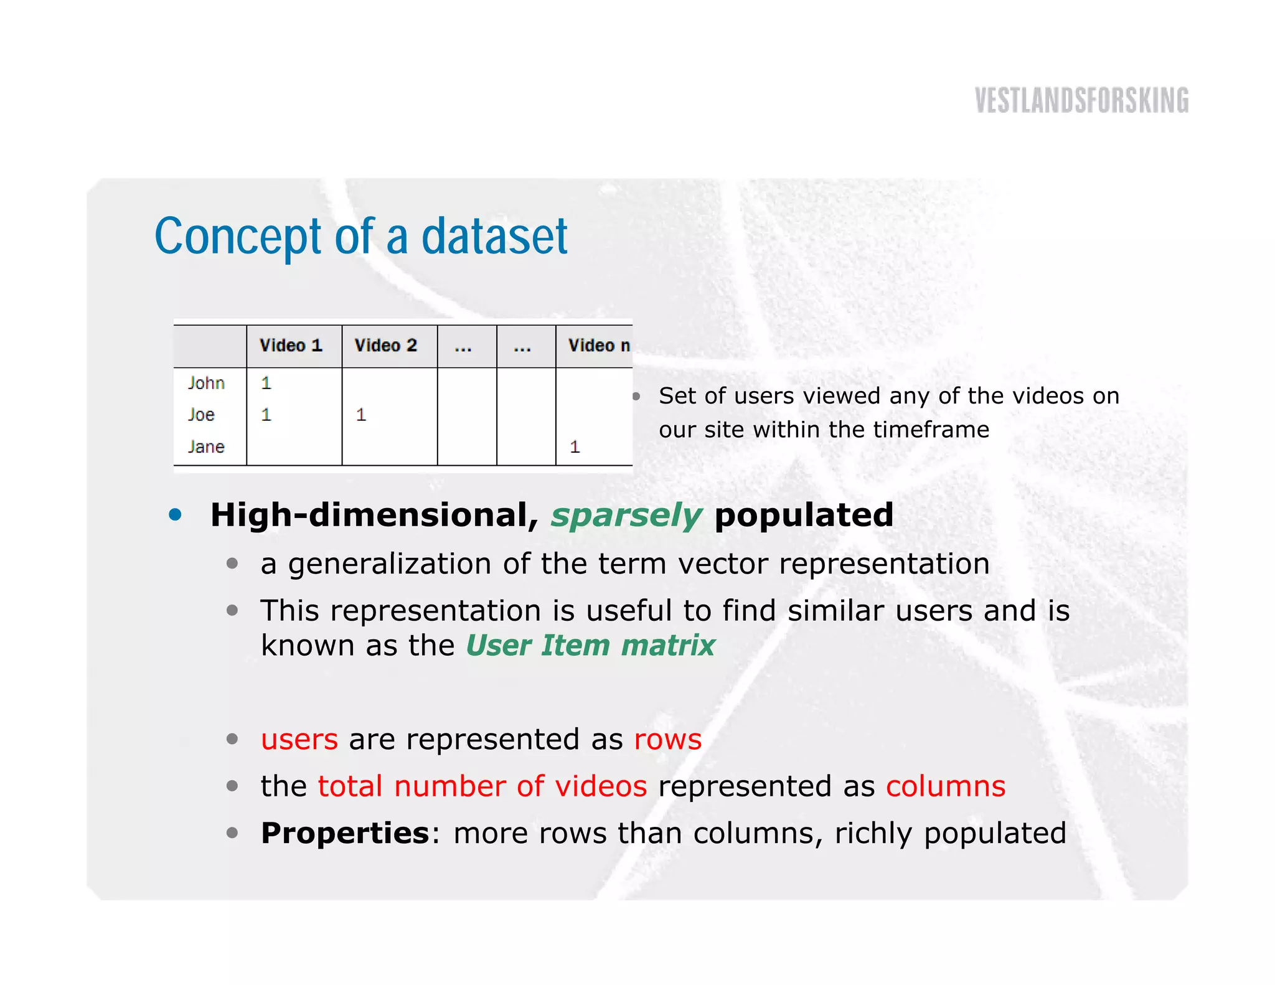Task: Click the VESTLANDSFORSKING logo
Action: click(x=1081, y=101)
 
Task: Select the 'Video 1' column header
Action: click(x=291, y=346)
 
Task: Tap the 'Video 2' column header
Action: click(x=385, y=346)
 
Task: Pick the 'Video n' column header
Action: click(x=598, y=346)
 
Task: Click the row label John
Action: click(x=206, y=383)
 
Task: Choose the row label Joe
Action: click(x=201, y=415)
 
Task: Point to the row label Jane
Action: click(x=206, y=446)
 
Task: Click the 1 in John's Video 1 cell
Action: click(x=266, y=383)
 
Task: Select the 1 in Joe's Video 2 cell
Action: click(x=360, y=415)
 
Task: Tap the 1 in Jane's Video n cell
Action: click(x=575, y=446)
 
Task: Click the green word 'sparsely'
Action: click(x=626, y=516)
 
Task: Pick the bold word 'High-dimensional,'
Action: click(x=374, y=516)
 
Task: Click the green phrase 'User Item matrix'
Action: click(x=590, y=645)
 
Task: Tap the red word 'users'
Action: click(x=299, y=739)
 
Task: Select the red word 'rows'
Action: click(x=668, y=739)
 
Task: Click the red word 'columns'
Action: click(x=946, y=786)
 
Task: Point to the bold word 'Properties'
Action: click(x=345, y=833)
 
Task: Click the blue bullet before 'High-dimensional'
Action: click(x=176, y=514)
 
